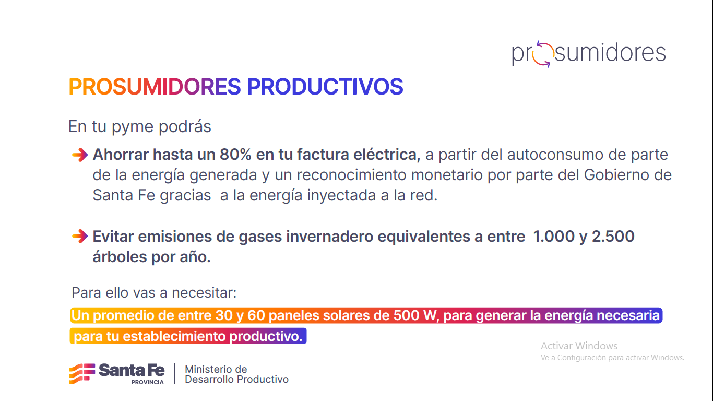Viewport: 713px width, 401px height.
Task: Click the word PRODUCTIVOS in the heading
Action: pyautogui.click(x=325, y=87)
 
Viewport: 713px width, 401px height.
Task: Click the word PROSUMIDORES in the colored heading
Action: pyautogui.click(x=155, y=87)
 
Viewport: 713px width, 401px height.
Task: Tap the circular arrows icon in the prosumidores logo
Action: pyautogui.click(x=543, y=54)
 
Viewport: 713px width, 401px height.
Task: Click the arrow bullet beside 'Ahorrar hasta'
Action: pyautogui.click(x=79, y=155)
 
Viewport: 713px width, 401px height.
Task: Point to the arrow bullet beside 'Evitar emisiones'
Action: pyautogui.click(x=79, y=237)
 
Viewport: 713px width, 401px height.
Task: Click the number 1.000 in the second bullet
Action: pyautogui.click(x=553, y=237)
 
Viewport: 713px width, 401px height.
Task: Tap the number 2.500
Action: pyautogui.click(x=613, y=237)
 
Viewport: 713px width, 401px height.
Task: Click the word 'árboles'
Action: pyautogui.click(x=121, y=257)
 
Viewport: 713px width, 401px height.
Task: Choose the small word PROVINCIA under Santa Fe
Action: pyautogui.click(x=147, y=382)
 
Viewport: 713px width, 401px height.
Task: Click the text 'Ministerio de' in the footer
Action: pyautogui.click(x=216, y=369)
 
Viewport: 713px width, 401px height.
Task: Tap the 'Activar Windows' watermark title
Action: pyautogui.click(x=579, y=346)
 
